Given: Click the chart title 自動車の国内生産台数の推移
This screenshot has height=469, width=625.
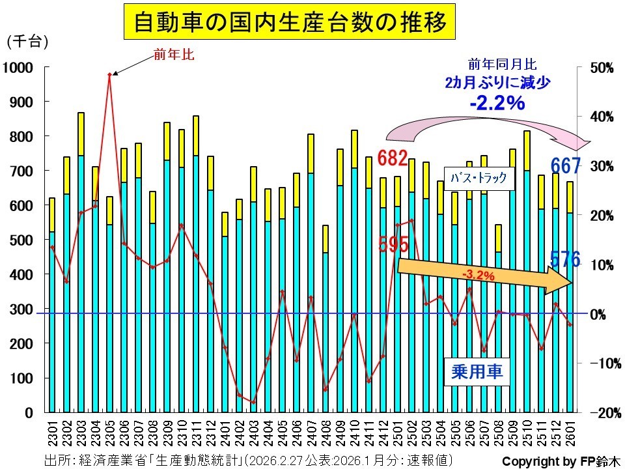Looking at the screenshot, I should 290,23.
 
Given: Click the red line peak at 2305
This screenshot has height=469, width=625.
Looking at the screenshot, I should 109,75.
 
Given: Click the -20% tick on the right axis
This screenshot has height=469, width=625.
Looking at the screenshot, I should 596,412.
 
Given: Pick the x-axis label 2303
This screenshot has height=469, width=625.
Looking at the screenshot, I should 81,433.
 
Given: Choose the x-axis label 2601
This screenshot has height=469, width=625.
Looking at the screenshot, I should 570,433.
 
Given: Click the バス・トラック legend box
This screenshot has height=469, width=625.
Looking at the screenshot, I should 479,177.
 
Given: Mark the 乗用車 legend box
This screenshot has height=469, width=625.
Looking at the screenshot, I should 477,371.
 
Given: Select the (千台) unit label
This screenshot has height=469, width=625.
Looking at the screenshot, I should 27,42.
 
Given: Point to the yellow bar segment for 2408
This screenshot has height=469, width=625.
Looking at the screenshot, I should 325,238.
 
